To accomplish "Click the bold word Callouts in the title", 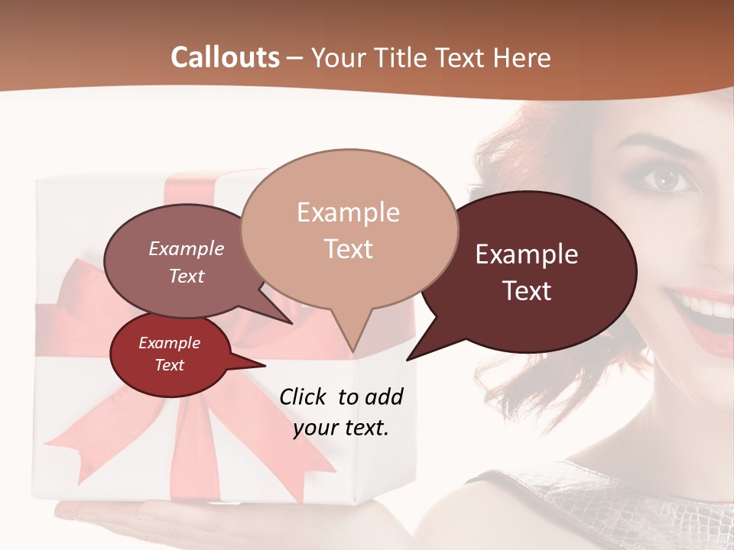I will click(225, 57).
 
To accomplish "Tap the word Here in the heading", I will click(523, 58).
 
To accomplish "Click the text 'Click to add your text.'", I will click(341, 412).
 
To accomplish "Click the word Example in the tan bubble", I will click(348, 212).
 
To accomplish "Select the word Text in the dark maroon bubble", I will click(528, 291).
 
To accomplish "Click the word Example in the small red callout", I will click(170, 343).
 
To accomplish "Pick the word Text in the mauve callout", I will click(187, 276).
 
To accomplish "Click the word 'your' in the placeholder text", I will click(316, 428).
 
